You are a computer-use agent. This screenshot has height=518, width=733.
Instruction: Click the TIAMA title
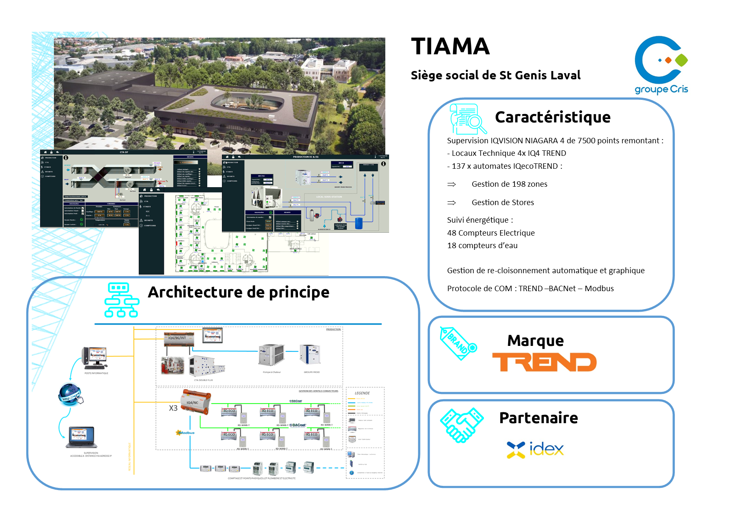pos(450,46)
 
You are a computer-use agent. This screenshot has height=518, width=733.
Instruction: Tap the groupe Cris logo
pos(661,65)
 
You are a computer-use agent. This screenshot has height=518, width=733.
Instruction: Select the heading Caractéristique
pos(552,117)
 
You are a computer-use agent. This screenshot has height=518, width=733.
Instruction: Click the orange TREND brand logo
pos(544,362)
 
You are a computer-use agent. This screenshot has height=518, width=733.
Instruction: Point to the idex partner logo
pos(535,449)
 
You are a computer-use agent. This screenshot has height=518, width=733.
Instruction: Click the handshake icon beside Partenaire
pos(461,425)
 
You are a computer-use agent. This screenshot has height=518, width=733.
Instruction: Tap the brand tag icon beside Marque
pos(458,343)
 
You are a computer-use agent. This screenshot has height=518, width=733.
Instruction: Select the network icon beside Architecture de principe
pos(121,300)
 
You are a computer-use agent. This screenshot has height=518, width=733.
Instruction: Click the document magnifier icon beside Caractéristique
pos(468,119)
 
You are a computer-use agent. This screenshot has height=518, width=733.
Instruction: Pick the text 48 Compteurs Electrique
pos(491,233)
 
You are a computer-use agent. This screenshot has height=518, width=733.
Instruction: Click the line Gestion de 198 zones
pos(509,184)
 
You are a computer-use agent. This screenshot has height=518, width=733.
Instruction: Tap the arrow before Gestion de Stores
pos(451,203)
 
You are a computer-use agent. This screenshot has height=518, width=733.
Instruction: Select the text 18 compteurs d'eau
pos(482,246)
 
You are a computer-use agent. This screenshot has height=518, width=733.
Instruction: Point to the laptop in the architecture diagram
pos(82,437)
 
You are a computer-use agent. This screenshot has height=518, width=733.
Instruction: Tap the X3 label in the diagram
pos(173,408)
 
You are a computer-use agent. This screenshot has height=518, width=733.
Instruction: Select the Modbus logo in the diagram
pos(185,433)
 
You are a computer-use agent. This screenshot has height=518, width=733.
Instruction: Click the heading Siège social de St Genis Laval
pos(496,76)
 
